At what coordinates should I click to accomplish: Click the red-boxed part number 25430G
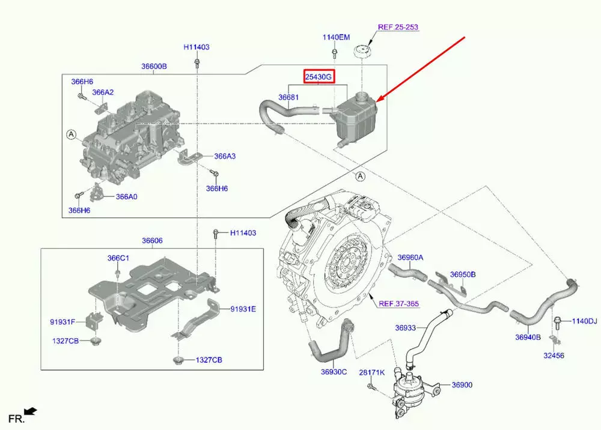click(x=318, y=77)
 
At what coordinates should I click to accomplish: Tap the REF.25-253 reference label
click(x=397, y=28)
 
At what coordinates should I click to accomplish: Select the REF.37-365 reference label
click(x=398, y=303)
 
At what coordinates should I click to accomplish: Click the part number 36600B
click(x=154, y=67)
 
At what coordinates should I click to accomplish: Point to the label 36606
click(x=152, y=241)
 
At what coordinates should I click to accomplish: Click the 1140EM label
click(x=336, y=37)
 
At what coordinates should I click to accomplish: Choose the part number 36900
click(x=462, y=385)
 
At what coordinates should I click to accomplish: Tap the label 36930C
click(x=334, y=372)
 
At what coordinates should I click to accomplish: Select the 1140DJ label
click(x=584, y=321)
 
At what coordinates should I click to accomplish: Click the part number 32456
click(x=554, y=356)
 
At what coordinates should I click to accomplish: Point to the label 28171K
click(x=371, y=373)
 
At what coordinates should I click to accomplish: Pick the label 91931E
click(x=243, y=309)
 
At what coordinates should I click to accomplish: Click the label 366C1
click(x=118, y=258)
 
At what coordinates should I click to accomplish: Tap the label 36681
click(x=288, y=97)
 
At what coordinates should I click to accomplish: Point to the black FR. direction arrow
click(x=31, y=411)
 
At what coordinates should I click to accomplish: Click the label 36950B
click(x=463, y=274)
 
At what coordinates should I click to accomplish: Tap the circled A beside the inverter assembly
click(x=70, y=135)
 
